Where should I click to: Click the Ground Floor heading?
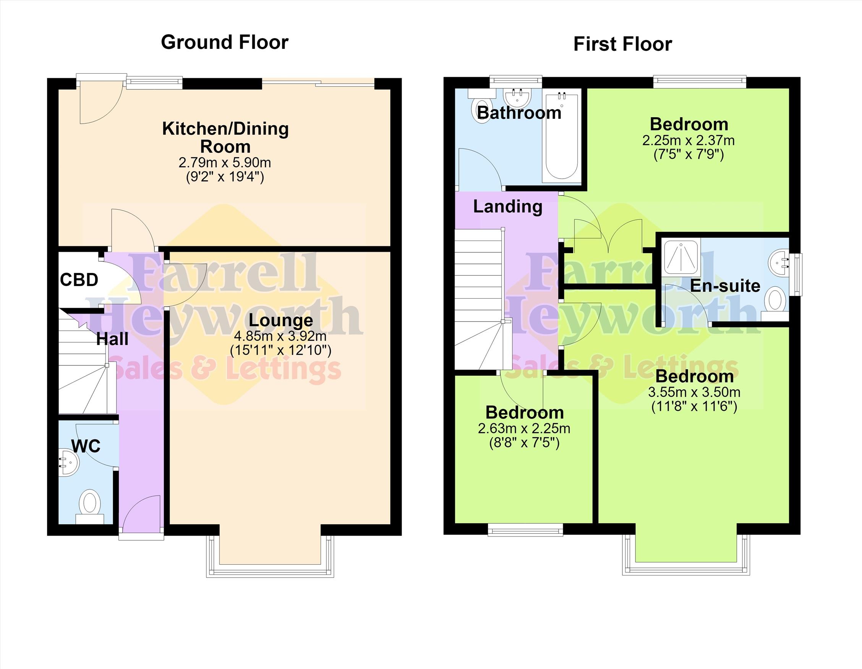click(x=225, y=43)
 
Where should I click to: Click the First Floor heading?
click(x=622, y=44)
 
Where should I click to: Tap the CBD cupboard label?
click(x=79, y=280)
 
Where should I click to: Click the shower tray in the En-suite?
click(x=682, y=256)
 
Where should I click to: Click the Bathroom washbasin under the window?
click(x=517, y=97)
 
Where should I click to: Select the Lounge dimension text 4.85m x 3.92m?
click(x=280, y=336)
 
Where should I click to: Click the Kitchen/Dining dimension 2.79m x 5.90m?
click(x=225, y=163)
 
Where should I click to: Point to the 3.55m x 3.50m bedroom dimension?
click(x=694, y=392)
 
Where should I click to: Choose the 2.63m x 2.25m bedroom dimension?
click(x=524, y=428)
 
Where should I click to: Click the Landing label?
click(x=507, y=207)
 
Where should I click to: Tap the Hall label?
click(x=112, y=339)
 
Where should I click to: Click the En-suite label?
click(x=725, y=286)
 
